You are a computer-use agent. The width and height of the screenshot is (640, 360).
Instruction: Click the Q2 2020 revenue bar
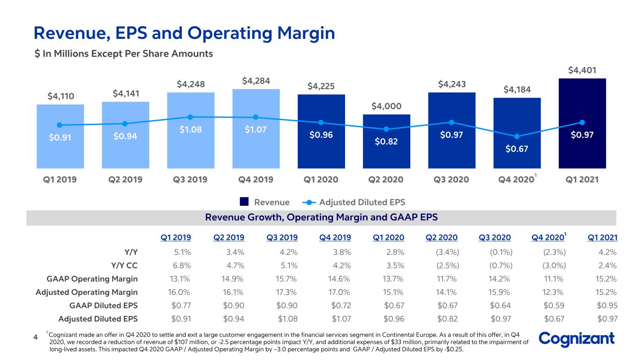coord(386,142)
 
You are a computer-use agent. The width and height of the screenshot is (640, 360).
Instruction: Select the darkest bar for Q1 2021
coord(582,123)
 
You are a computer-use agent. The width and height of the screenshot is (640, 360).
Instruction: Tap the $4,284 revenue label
coord(256,81)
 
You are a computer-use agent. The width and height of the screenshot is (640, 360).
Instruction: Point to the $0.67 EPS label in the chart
coord(517,149)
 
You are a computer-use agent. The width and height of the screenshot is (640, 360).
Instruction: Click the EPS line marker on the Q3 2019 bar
coord(190,117)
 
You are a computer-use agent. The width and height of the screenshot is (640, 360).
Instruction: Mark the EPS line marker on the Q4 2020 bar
coord(517,136)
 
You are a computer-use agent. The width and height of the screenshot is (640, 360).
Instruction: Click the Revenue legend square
coord(244,202)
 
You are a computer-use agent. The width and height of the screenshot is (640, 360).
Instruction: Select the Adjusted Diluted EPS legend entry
coord(354,202)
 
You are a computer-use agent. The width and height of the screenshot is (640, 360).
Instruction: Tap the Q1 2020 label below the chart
coord(321,180)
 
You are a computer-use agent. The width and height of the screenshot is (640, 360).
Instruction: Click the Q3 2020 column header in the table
coord(495,238)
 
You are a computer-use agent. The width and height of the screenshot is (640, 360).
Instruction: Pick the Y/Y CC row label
coord(124,265)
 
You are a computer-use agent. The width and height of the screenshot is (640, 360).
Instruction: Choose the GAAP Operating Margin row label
coord(92,279)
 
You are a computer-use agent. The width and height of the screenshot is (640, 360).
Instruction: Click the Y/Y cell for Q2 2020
coord(447,252)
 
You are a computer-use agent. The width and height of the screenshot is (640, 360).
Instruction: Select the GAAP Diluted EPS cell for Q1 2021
coord(607,306)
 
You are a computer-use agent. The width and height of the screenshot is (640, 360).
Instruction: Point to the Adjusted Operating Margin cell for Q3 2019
coord(286,292)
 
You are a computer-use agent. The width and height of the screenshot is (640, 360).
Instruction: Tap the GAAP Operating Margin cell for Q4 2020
coord(553,279)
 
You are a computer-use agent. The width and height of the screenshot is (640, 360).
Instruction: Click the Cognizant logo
coord(577,339)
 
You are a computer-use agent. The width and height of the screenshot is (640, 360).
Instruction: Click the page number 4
coord(36,337)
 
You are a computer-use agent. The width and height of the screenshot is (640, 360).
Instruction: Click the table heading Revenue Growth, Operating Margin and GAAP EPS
coord(322,217)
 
